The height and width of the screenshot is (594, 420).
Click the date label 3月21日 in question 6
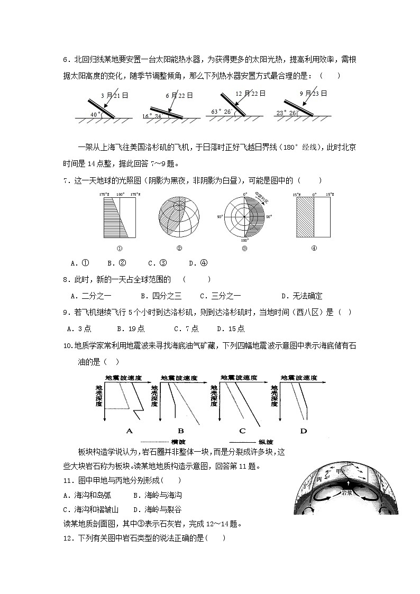(115, 96)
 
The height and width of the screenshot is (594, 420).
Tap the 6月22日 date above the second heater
(179, 96)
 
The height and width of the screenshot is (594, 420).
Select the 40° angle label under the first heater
(95, 114)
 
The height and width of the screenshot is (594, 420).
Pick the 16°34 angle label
(151, 116)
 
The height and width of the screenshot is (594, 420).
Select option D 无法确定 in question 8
(302, 296)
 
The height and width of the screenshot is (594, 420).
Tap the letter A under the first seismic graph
(129, 431)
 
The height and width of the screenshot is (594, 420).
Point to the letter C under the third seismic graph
(242, 431)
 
